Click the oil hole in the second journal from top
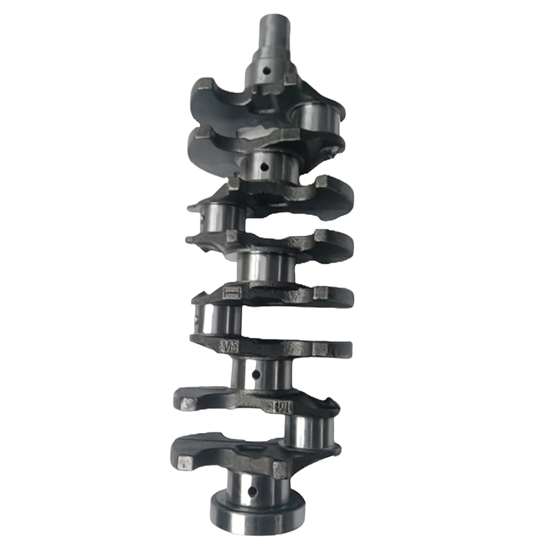264,166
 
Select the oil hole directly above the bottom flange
252,490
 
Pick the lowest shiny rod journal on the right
311,431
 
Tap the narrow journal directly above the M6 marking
221,319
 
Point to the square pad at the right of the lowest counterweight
280,470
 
